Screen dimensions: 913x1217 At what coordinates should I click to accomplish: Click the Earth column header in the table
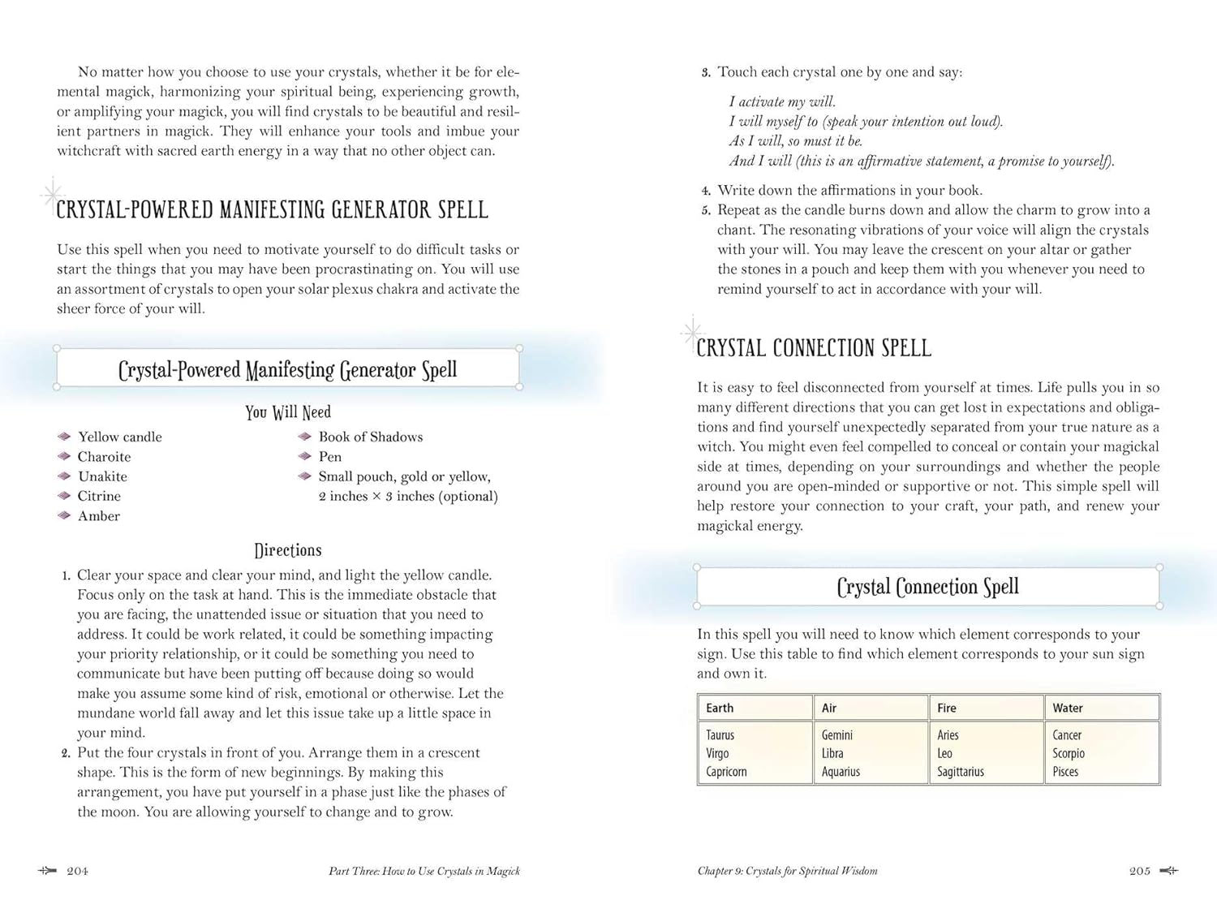point(720,708)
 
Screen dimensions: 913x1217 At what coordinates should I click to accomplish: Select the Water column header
point(1068,708)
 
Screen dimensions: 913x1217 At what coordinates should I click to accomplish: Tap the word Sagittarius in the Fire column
point(961,772)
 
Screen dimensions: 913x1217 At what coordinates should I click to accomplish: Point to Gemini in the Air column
point(837,735)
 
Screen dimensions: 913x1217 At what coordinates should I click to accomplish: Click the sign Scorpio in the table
point(1069,753)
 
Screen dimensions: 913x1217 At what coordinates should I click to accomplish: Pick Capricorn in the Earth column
point(726,772)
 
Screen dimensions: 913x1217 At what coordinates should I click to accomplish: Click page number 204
point(77,871)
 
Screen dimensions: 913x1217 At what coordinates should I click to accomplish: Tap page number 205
point(1140,871)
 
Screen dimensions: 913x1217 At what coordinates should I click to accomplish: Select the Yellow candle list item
point(120,437)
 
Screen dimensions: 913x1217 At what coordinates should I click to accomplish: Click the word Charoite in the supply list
point(104,457)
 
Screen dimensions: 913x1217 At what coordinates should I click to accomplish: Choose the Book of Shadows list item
point(371,437)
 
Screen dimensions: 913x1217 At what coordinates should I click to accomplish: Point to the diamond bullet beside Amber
point(65,516)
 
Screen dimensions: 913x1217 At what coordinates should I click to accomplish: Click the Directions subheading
point(288,550)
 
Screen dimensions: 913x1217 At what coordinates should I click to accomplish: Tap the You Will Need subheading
point(288,412)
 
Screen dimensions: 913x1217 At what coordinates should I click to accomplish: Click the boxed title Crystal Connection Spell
point(927,587)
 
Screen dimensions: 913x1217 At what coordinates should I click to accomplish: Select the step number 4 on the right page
point(706,191)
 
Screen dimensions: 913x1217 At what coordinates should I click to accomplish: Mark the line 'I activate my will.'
point(782,101)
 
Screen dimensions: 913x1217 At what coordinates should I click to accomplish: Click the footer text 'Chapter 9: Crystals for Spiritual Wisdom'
point(787,871)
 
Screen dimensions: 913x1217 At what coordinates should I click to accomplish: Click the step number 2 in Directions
point(67,753)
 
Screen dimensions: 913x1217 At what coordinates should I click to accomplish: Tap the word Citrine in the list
point(99,496)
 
